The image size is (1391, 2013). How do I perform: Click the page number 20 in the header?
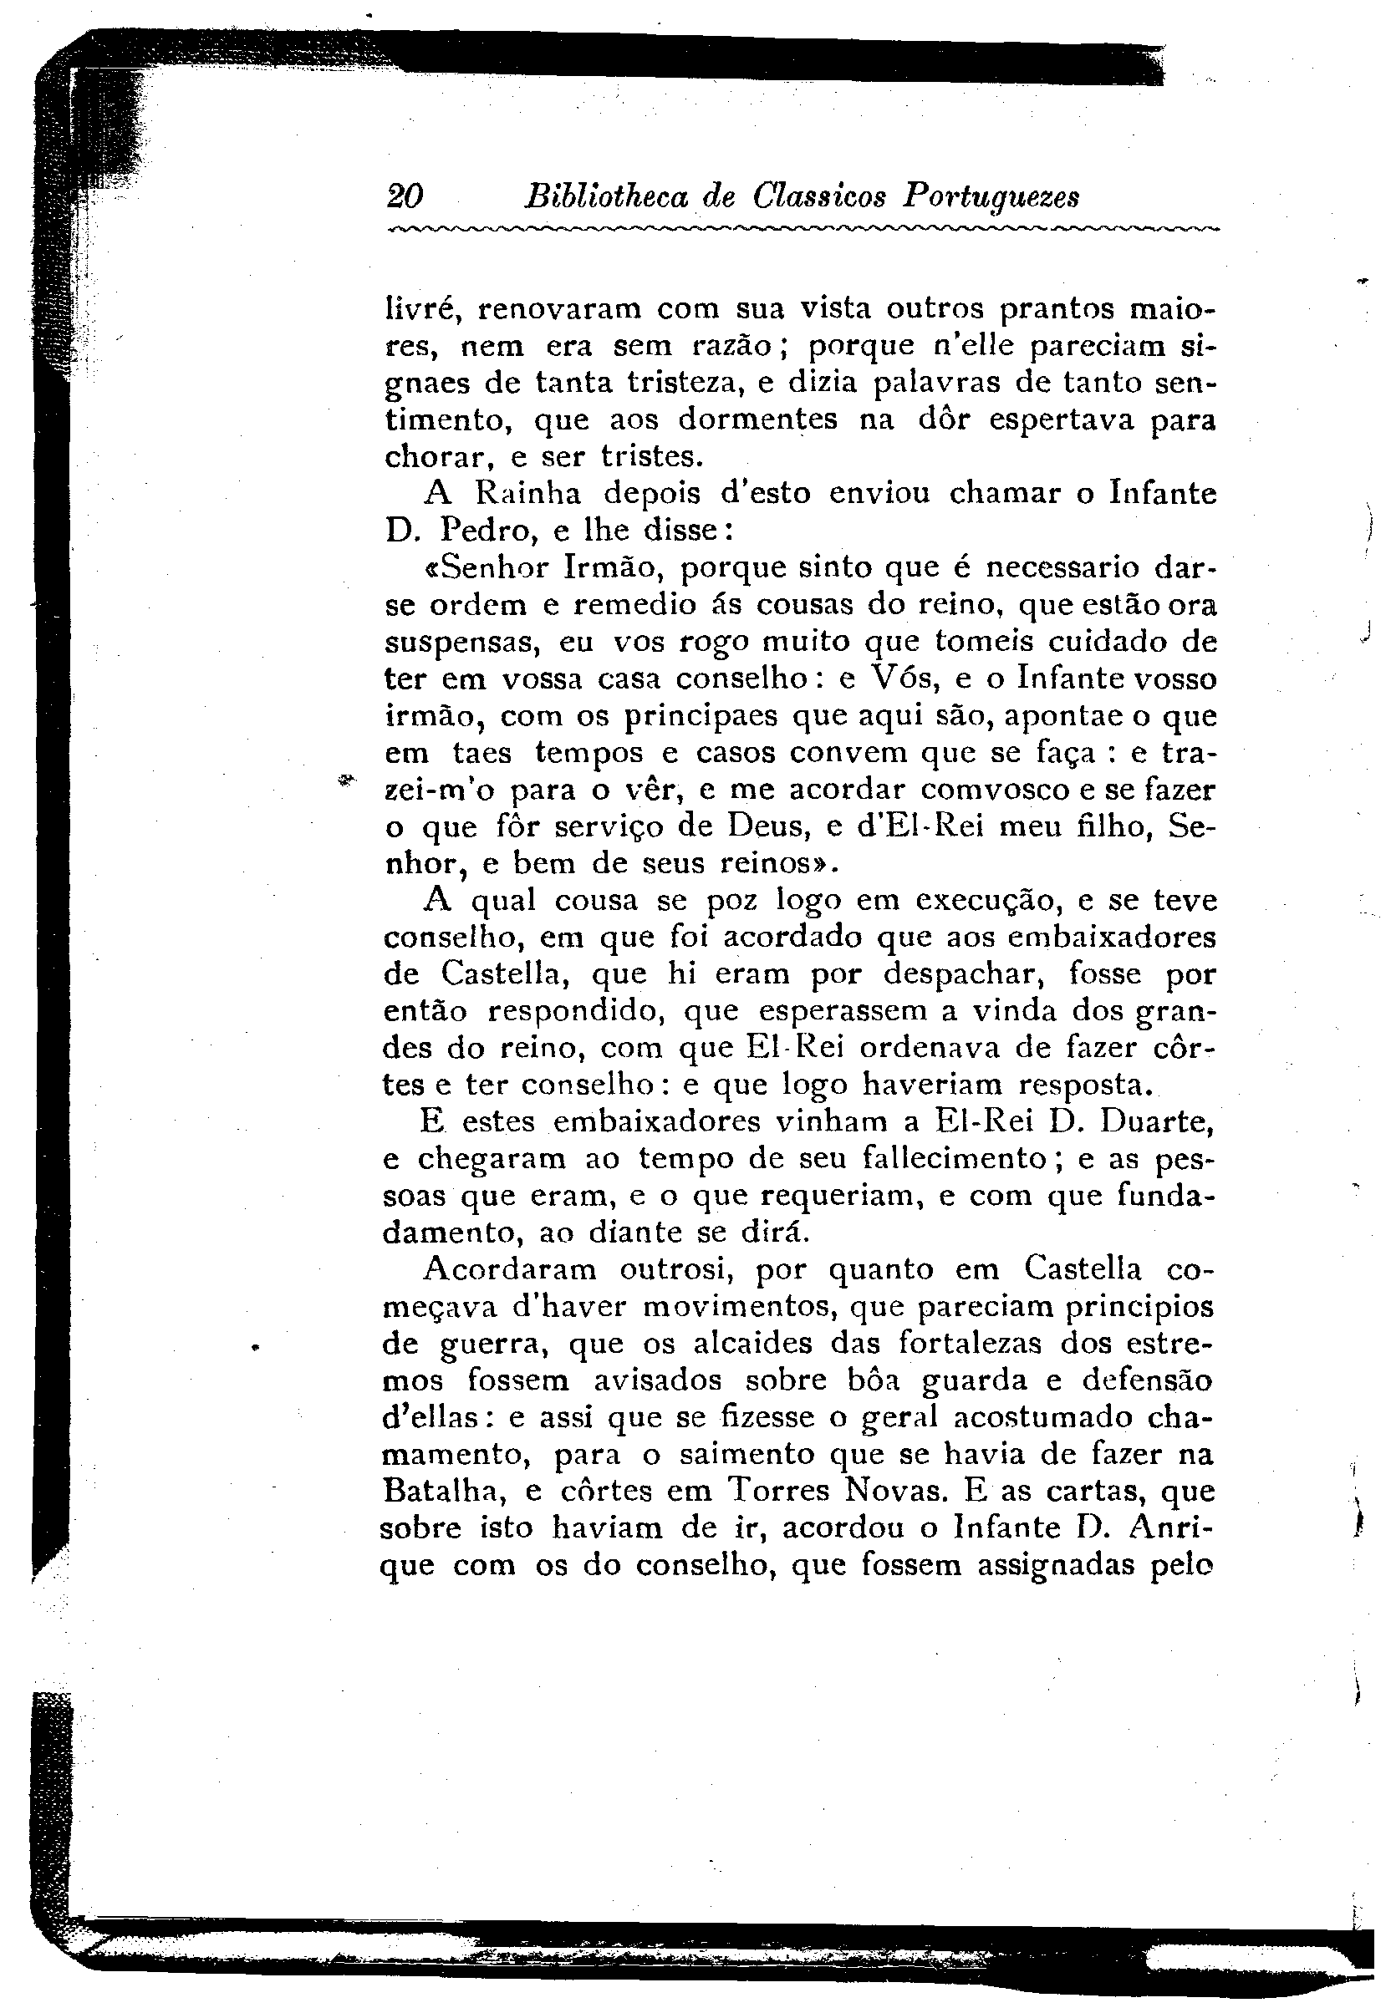[405, 197]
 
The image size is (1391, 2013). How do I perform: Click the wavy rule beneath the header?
[802, 229]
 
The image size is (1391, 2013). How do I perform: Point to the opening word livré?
[420, 308]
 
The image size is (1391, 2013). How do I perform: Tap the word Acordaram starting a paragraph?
[510, 1269]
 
